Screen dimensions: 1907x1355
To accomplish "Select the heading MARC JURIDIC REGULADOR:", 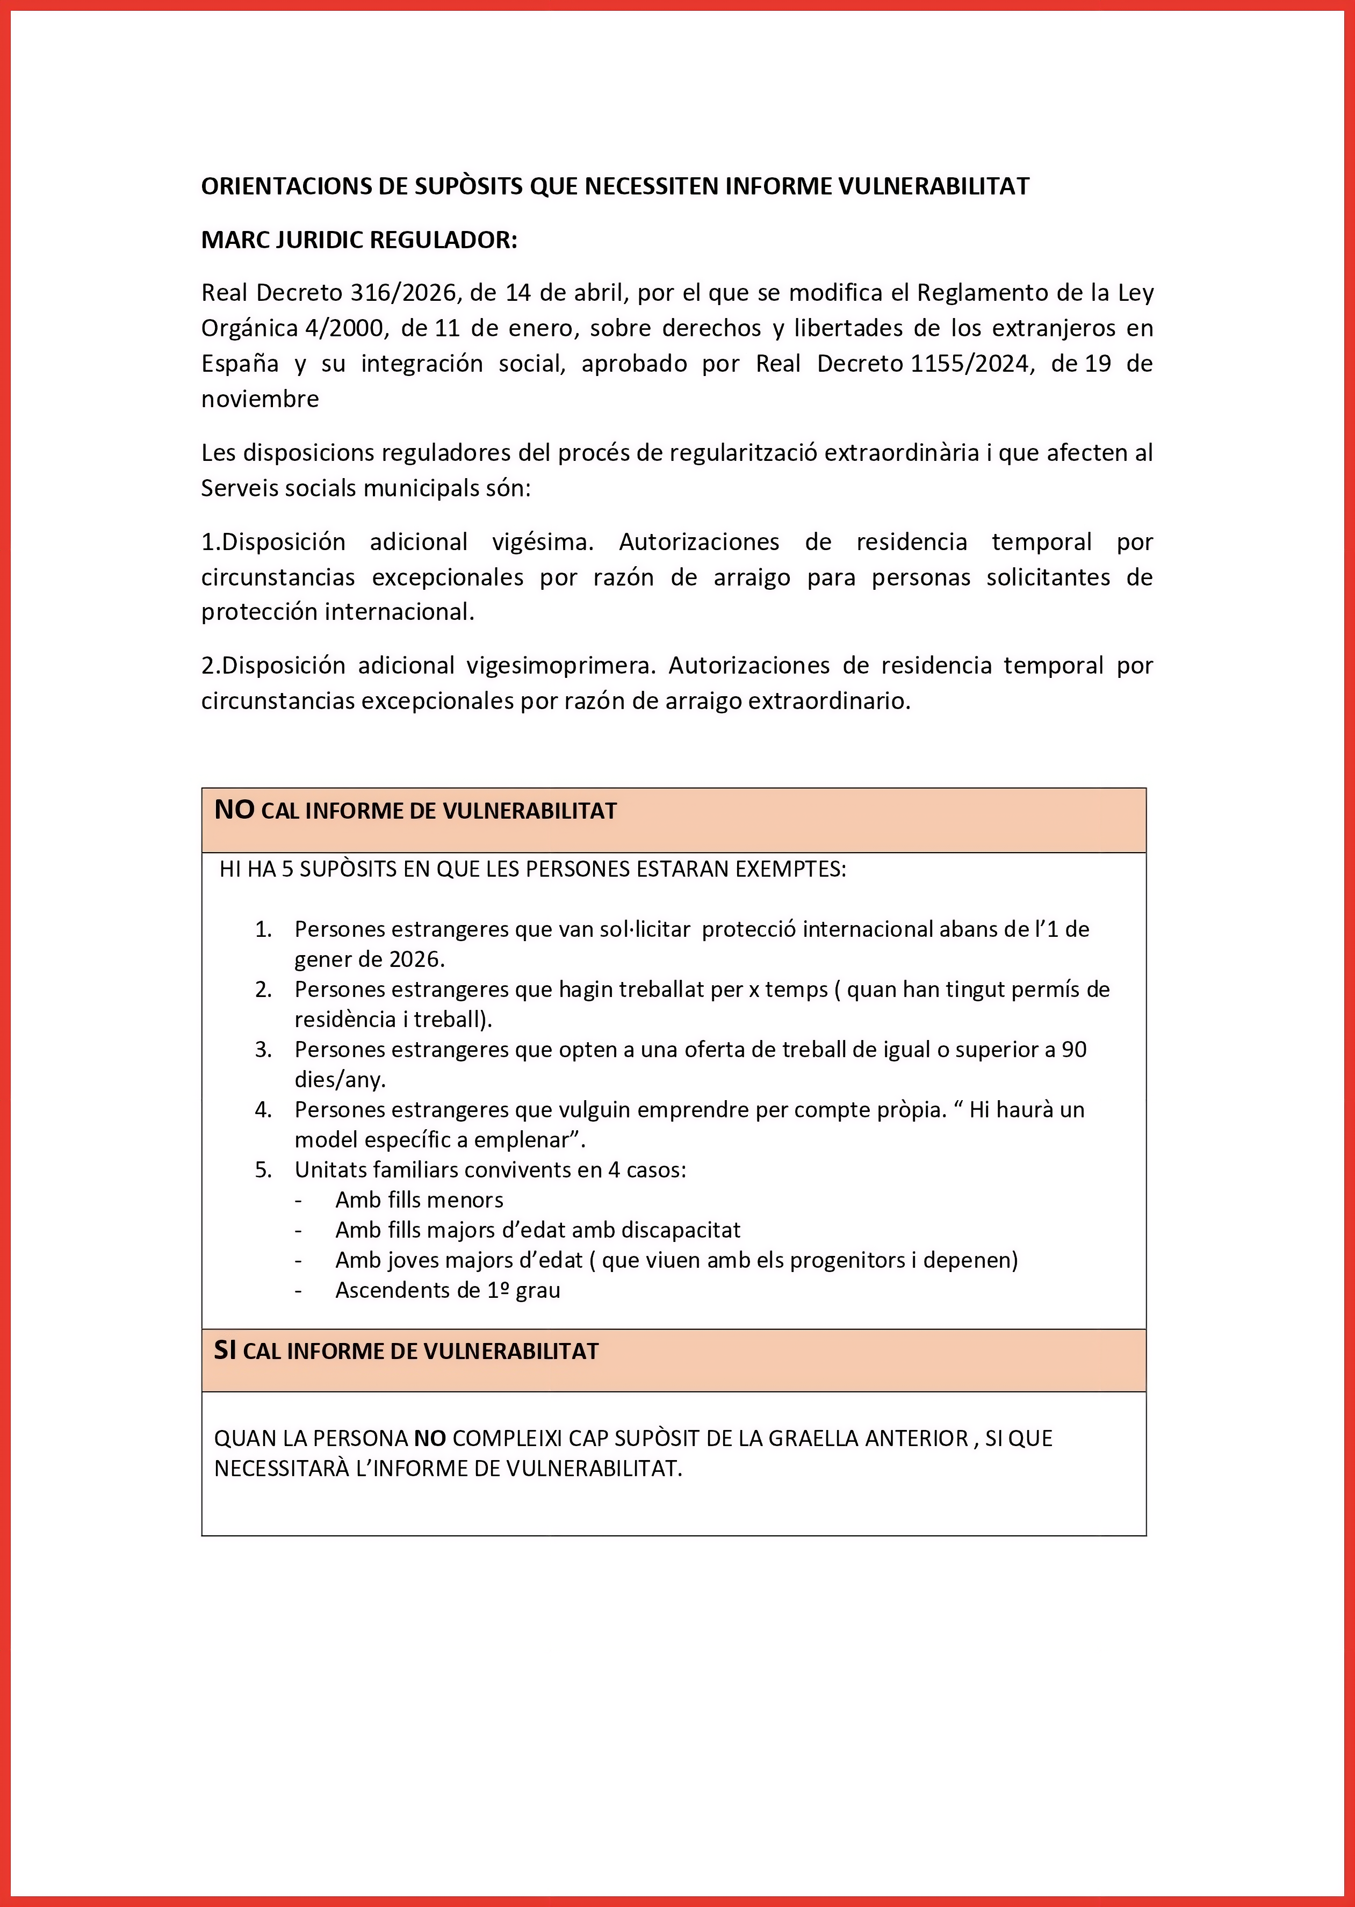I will click(359, 240).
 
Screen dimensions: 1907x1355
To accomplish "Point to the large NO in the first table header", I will click(234, 809).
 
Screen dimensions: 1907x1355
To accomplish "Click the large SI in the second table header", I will click(225, 1350).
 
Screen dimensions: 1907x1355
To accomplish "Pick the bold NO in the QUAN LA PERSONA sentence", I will click(430, 1438).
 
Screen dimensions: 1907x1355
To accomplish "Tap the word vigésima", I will click(542, 542).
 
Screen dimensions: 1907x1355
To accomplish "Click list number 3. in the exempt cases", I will click(264, 1050).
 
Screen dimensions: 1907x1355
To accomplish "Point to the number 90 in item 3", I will click(1074, 1050).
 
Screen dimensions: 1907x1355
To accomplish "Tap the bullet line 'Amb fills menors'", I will click(419, 1200).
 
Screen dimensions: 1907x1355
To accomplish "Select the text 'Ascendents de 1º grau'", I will click(447, 1290).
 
